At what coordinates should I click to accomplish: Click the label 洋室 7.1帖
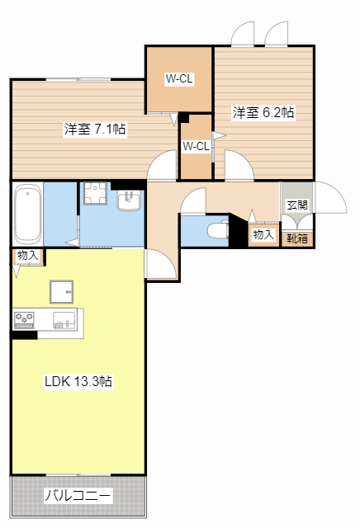pos(95,129)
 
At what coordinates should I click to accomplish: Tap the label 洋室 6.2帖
pos(263,112)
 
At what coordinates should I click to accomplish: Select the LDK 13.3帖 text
pos(78,382)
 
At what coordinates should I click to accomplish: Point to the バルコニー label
pos(78,496)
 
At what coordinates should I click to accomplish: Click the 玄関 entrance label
pos(297,205)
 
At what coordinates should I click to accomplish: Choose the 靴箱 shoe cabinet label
pos(297,238)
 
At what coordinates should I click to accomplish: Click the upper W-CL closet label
pos(179,79)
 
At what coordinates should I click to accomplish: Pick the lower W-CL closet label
pos(196,147)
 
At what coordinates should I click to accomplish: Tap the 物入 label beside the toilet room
pos(263,235)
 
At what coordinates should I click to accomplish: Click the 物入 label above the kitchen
pos(27,256)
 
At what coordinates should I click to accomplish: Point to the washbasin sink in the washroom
pos(130,200)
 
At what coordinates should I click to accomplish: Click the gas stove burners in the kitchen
pos(23,318)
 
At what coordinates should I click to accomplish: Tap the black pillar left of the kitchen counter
pos(24,334)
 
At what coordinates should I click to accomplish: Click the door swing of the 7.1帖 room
pos(163,167)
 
